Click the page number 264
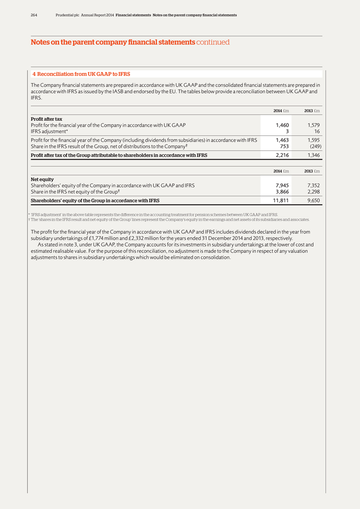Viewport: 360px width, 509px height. coord(34,15)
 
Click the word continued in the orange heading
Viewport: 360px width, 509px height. coord(213,42)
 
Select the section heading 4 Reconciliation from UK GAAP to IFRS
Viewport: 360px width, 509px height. coord(81,74)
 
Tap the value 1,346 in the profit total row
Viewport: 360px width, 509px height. coord(313,155)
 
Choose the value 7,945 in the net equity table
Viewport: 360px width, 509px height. coord(282,185)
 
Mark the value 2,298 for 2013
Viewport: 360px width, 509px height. coord(313,192)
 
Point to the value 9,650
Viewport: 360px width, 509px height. coord(313,201)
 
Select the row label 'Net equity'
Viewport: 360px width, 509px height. coord(42,179)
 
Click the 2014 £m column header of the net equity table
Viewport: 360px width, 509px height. coord(281,171)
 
